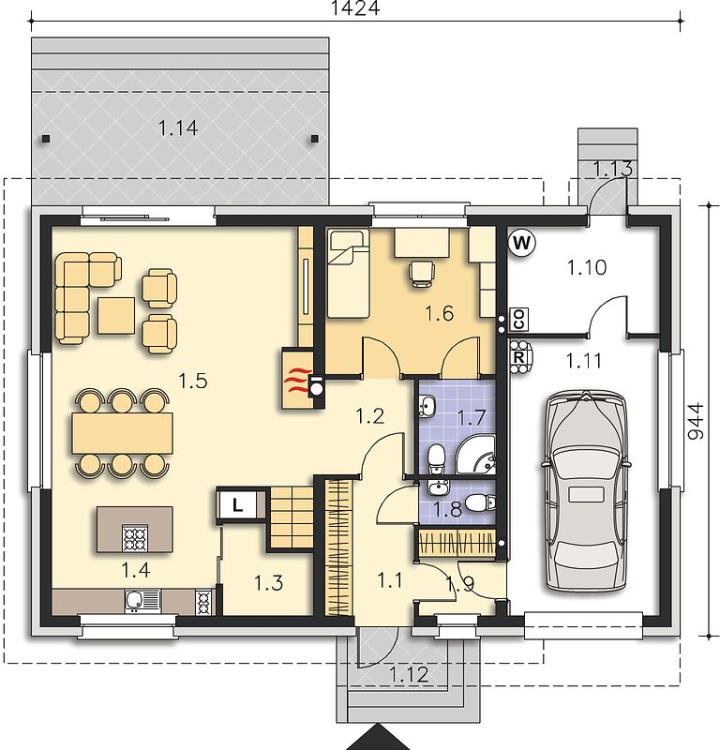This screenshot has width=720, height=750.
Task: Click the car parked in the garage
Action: pyautogui.click(x=586, y=491)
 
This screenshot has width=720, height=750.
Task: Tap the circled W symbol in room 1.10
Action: pyautogui.click(x=521, y=244)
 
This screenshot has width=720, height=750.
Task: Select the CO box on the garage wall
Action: pyautogui.click(x=519, y=319)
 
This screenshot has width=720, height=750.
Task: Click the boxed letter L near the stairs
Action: pyautogui.click(x=237, y=504)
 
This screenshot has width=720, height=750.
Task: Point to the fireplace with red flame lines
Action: pyautogui.click(x=297, y=380)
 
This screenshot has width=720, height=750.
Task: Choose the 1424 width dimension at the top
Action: pyautogui.click(x=355, y=8)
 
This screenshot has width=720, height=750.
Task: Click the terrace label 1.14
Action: pyautogui.click(x=178, y=127)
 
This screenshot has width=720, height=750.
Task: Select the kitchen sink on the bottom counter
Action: pyautogui.click(x=142, y=601)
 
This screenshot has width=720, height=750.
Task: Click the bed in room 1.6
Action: pyautogui.click(x=348, y=274)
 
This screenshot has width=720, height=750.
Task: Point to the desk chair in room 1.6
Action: pyautogui.click(x=422, y=273)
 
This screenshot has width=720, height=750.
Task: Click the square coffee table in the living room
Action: pyautogui.click(x=116, y=315)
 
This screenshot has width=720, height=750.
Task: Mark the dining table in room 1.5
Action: pyautogui.click(x=122, y=434)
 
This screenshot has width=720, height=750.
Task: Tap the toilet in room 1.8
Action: pyautogui.click(x=480, y=502)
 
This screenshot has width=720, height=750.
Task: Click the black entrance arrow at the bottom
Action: pyautogui.click(x=378, y=737)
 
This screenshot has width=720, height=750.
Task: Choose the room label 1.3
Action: pyautogui.click(x=268, y=583)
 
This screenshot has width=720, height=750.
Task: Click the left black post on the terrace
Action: pyautogui.click(x=46, y=139)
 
